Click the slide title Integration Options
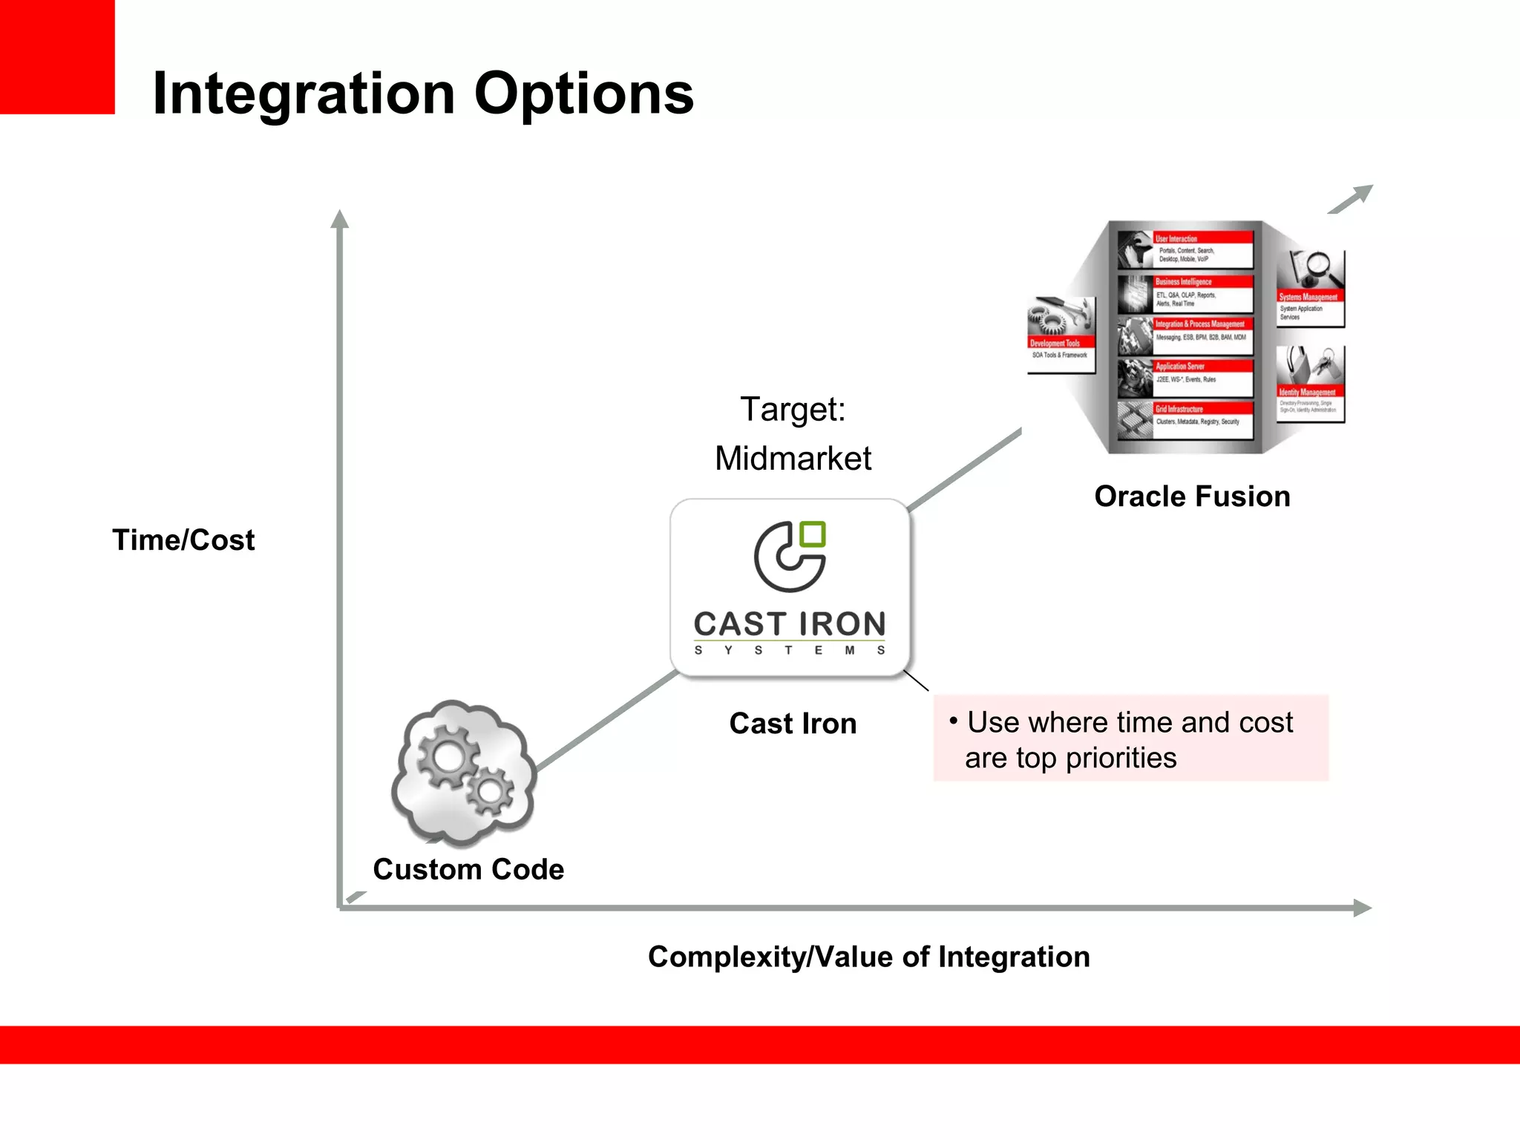[422, 94]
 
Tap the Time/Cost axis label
[183, 540]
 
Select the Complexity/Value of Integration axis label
[868, 957]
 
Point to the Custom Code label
[468, 869]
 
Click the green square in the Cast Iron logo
[813, 534]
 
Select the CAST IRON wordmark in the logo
[790, 624]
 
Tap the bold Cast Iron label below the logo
[793, 724]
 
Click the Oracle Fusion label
[1192, 497]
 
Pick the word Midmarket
[793, 459]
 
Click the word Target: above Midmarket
[793, 409]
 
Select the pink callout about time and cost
[1130, 739]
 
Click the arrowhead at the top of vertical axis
[340, 219]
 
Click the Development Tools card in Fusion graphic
[1061, 335]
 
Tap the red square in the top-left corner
[57, 56]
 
